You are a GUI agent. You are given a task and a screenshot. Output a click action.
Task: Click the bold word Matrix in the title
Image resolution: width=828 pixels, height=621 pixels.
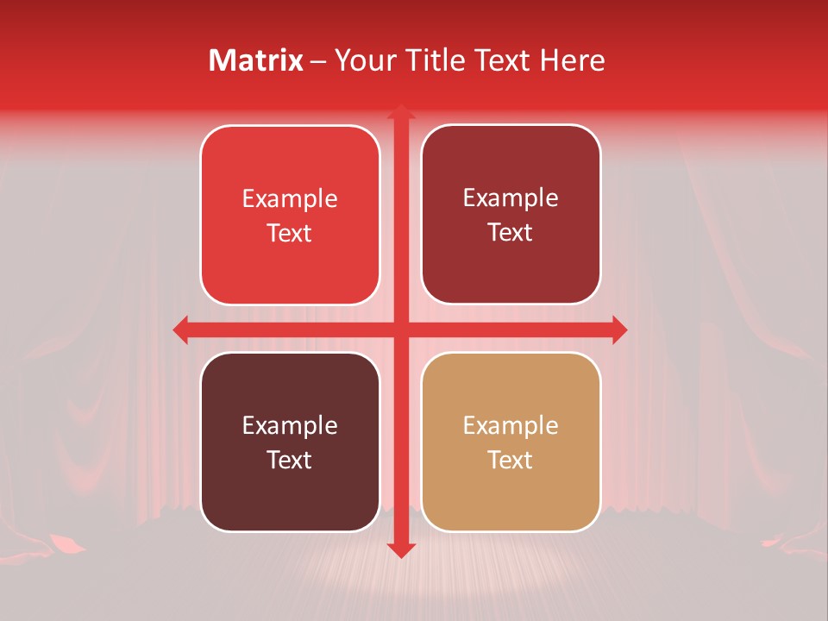pos(256,60)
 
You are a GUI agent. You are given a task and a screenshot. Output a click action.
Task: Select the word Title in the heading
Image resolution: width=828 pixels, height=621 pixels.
pos(435,60)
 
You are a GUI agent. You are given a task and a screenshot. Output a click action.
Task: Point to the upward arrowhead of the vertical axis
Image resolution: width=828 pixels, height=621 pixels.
pos(400,112)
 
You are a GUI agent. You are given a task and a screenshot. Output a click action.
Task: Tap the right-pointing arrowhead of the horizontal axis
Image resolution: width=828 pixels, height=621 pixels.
pos(618,329)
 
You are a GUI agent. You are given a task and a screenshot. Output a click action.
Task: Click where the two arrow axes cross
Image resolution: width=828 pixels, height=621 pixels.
pos(400,329)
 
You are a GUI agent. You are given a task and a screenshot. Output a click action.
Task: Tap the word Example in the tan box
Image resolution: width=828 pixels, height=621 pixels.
pos(511,425)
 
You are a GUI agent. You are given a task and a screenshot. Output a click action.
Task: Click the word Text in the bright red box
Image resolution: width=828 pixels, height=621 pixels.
pos(290,233)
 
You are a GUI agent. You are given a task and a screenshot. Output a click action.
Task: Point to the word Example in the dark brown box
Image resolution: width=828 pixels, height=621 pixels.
pos(290,425)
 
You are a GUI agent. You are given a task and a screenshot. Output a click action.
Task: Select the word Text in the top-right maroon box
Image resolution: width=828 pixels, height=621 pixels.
pos(511,232)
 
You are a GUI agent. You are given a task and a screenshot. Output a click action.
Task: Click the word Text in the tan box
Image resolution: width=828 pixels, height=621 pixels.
pos(511,460)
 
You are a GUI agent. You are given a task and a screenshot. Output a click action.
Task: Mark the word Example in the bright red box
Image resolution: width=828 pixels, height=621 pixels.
pos(290,198)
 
